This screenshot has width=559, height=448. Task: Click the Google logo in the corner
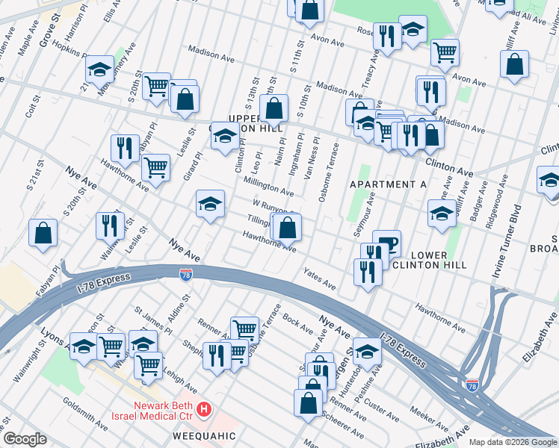(25, 439)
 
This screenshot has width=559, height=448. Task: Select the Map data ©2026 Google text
(513, 442)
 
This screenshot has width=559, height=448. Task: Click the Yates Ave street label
(320, 279)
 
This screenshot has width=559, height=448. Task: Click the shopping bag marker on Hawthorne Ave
(288, 228)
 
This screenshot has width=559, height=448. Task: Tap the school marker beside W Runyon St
(210, 204)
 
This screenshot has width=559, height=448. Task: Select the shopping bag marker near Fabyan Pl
(43, 231)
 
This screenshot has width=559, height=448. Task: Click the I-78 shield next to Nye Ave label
(185, 276)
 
